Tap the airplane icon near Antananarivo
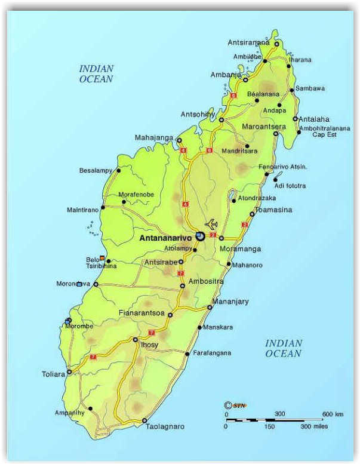coord(211,225)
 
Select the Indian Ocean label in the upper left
coord(96,73)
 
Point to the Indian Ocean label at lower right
coord(284,348)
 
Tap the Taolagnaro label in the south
coord(165,426)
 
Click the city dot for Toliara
coord(69,371)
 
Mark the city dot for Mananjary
coord(210,308)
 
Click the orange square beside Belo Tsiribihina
coord(102,258)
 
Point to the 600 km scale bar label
coord(332,414)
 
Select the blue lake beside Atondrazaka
coord(231,194)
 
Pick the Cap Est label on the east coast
coord(325,135)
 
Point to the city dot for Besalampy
coord(118,171)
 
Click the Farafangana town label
coord(212,353)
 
